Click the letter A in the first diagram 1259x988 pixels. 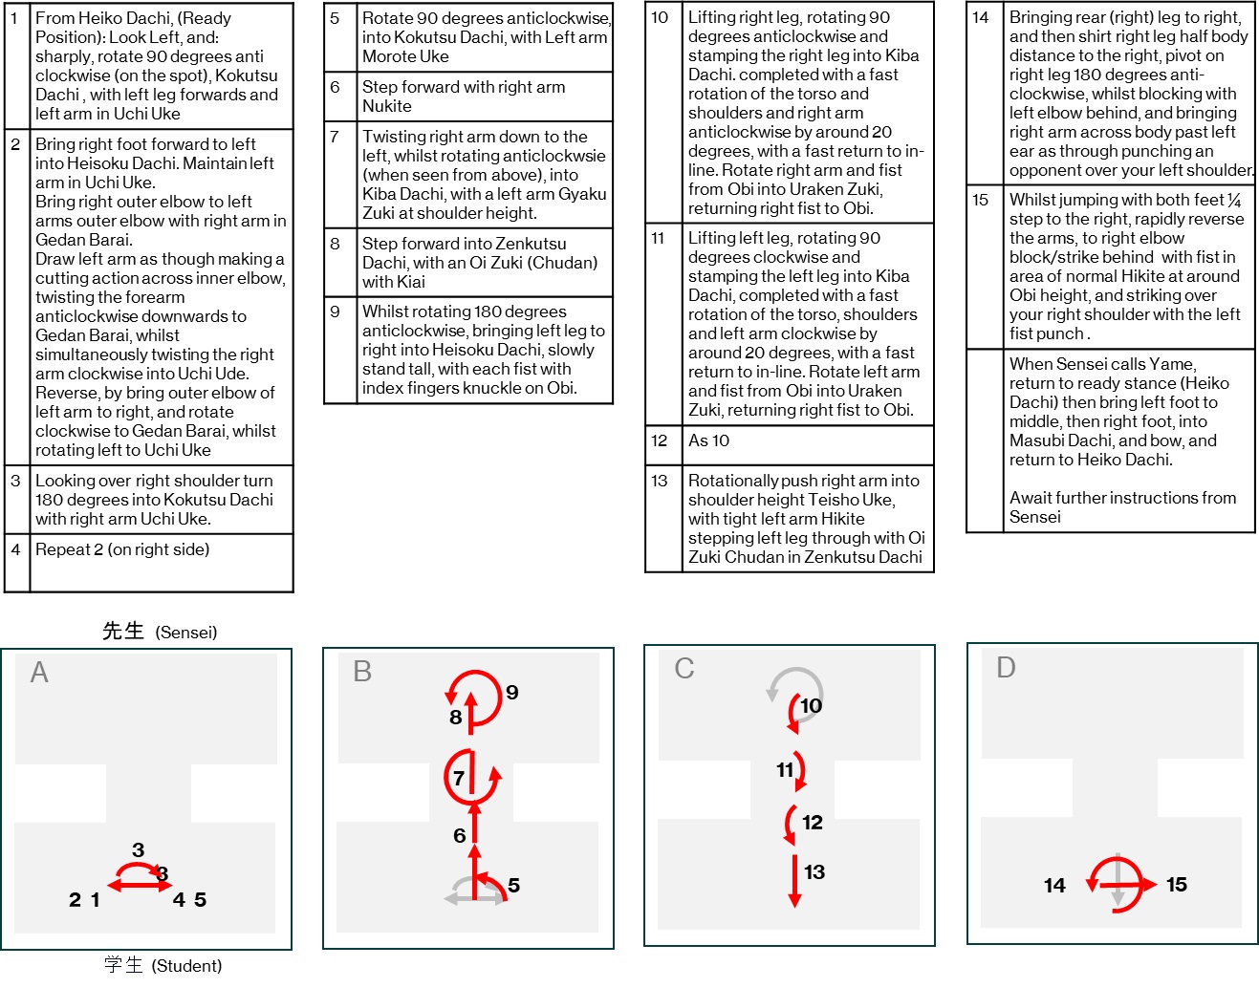(x=39, y=673)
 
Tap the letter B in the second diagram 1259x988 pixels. (x=362, y=672)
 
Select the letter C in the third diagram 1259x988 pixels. (x=684, y=668)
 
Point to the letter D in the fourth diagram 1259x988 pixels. (x=1006, y=667)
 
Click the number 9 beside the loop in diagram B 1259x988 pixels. (x=512, y=692)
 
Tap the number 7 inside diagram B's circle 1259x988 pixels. (x=459, y=778)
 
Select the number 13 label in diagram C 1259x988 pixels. (x=814, y=871)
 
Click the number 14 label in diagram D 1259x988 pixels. (x=1054, y=885)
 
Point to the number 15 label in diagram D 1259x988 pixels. (x=1177, y=885)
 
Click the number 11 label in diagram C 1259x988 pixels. (x=785, y=770)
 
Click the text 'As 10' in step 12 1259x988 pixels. (x=708, y=440)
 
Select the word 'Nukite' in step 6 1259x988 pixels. (x=387, y=106)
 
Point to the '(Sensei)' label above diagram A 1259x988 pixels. (x=186, y=632)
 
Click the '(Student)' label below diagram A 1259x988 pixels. (x=186, y=965)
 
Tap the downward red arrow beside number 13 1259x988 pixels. (x=795, y=880)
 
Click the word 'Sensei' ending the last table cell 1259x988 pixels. (x=1034, y=517)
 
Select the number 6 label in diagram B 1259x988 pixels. (x=460, y=835)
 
